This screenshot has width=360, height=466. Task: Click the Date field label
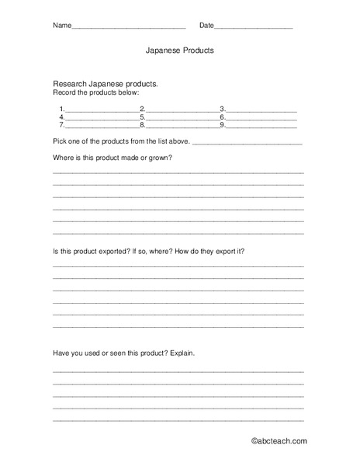point(206,26)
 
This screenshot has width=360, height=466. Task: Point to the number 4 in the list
point(61,117)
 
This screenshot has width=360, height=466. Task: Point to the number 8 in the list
point(142,125)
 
